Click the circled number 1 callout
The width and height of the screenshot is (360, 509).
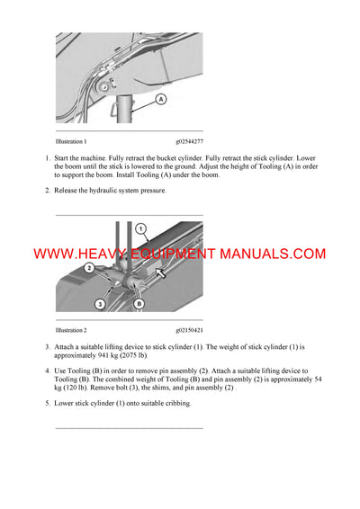tap(139, 229)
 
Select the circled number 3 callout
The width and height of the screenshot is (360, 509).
tap(100, 306)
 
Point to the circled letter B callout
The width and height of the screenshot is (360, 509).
tap(139, 305)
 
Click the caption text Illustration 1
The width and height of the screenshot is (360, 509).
tap(71, 141)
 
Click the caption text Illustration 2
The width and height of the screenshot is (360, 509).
tap(71, 331)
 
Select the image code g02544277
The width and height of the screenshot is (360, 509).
tap(189, 141)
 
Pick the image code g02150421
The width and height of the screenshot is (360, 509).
tap(189, 331)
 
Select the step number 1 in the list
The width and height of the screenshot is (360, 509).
tap(48, 158)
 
